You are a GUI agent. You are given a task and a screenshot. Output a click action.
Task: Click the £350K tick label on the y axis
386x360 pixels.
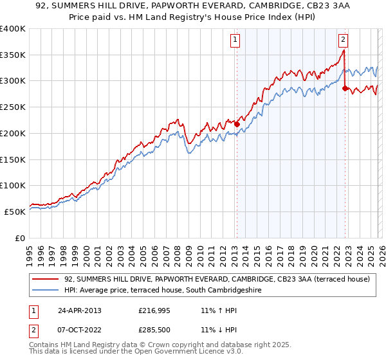[13, 55]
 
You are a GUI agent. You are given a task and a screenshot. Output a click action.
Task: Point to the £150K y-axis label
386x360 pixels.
[13, 159]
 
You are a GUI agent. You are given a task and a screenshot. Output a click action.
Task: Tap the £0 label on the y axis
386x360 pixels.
[19, 238]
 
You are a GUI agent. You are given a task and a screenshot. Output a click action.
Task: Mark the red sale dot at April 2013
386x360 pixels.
[237, 124]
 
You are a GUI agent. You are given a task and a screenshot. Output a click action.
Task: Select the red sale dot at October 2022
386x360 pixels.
[345, 88]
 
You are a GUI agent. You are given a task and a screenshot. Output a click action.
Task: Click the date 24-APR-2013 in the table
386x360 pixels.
[79, 310]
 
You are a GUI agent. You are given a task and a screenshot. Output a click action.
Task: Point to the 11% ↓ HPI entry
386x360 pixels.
[219, 331]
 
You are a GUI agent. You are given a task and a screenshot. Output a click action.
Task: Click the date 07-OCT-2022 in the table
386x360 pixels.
[79, 331]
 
